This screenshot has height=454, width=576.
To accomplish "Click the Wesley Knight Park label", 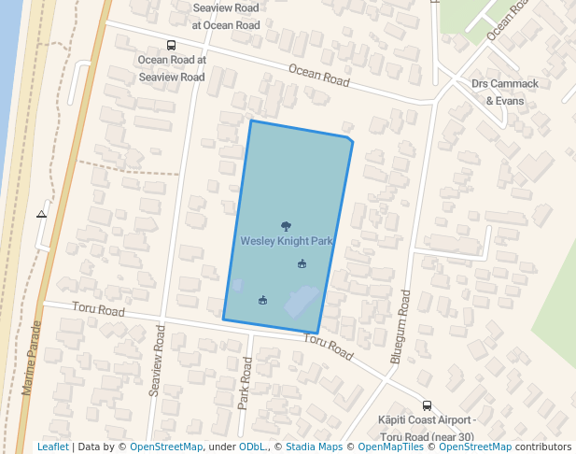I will (x=287, y=241).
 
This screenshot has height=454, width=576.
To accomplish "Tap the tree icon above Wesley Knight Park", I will (x=286, y=225).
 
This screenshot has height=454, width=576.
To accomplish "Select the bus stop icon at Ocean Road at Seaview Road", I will (x=171, y=45).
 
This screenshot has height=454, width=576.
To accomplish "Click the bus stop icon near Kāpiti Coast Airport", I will (x=427, y=405).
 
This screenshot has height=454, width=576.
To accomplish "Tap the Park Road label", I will (x=245, y=386).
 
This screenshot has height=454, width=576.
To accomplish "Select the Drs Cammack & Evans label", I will (x=505, y=92).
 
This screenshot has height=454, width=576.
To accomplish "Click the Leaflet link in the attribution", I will (x=53, y=447).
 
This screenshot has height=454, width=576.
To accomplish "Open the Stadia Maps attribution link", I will (x=314, y=447).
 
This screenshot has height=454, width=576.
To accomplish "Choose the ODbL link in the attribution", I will (x=252, y=447).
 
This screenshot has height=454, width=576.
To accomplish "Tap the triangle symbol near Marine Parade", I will (x=41, y=214).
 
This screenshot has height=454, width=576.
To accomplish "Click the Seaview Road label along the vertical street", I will (x=157, y=362).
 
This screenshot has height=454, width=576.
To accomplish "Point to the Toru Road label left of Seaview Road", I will (x=97, y=310).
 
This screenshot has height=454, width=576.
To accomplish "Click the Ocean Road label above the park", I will (x=318, y=76).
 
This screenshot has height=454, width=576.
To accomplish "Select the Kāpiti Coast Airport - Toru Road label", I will (x=428, y=429).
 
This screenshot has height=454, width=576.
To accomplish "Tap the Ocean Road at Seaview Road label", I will (x=172, y=68).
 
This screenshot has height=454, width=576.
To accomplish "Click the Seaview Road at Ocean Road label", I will (x=226, y=16).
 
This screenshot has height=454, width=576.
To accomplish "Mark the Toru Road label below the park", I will (x=329, y=348).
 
